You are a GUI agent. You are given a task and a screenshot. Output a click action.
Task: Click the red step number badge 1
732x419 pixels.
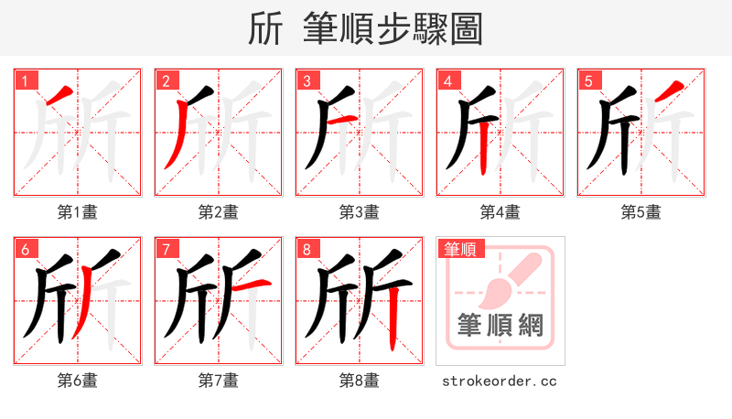25,81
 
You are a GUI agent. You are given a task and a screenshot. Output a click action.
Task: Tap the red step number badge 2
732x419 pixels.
166,81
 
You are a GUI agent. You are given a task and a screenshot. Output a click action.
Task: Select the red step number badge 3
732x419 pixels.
307,81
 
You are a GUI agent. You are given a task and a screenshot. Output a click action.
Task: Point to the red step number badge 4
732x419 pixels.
447,81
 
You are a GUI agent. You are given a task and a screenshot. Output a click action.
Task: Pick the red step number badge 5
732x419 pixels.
588,81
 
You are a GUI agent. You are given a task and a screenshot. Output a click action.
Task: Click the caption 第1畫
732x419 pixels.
78,212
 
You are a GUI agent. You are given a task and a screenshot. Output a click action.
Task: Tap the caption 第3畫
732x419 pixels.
360,212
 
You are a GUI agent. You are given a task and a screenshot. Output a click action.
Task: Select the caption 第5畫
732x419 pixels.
641,212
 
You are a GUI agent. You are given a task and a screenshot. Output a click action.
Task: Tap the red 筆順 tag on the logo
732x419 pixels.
461,248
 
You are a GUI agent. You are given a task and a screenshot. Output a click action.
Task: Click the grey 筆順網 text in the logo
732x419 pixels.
500,326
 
